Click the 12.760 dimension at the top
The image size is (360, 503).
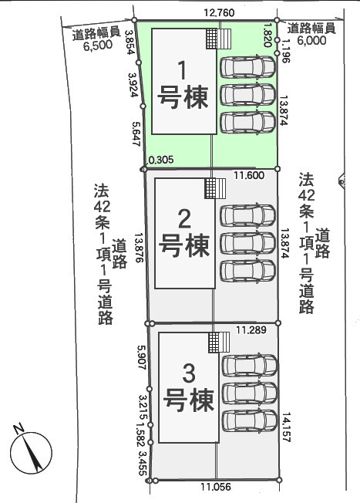[x=219, y=13]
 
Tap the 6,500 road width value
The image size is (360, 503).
[x=98, y=46]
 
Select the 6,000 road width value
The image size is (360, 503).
[x=311, y=40]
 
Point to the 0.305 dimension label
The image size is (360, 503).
[x=161, y=160]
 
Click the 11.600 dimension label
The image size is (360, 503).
[x=249, y=175]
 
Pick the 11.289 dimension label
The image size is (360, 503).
[x=251, y=329]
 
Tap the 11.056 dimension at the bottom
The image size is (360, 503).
[x=216, y=487]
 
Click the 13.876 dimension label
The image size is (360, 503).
[x=140, y=248]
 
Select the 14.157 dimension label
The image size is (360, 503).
[x=286, y=427]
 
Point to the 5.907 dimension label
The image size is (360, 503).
[x=142, y=357]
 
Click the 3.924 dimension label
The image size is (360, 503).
[x=133, y=85]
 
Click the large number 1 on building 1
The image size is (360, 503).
[x=182, y=70]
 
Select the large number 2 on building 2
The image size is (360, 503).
[x=184, y=219]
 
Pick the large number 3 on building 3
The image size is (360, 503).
[x=189, y=373]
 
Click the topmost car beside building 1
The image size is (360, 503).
[x=247, y=67]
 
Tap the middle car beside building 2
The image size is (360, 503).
[x=248, y=242]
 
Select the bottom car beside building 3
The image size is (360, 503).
[x=250, y=421]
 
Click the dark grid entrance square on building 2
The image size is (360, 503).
[x=210, y=188]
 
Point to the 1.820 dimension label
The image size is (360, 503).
[x=268, y=35]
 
